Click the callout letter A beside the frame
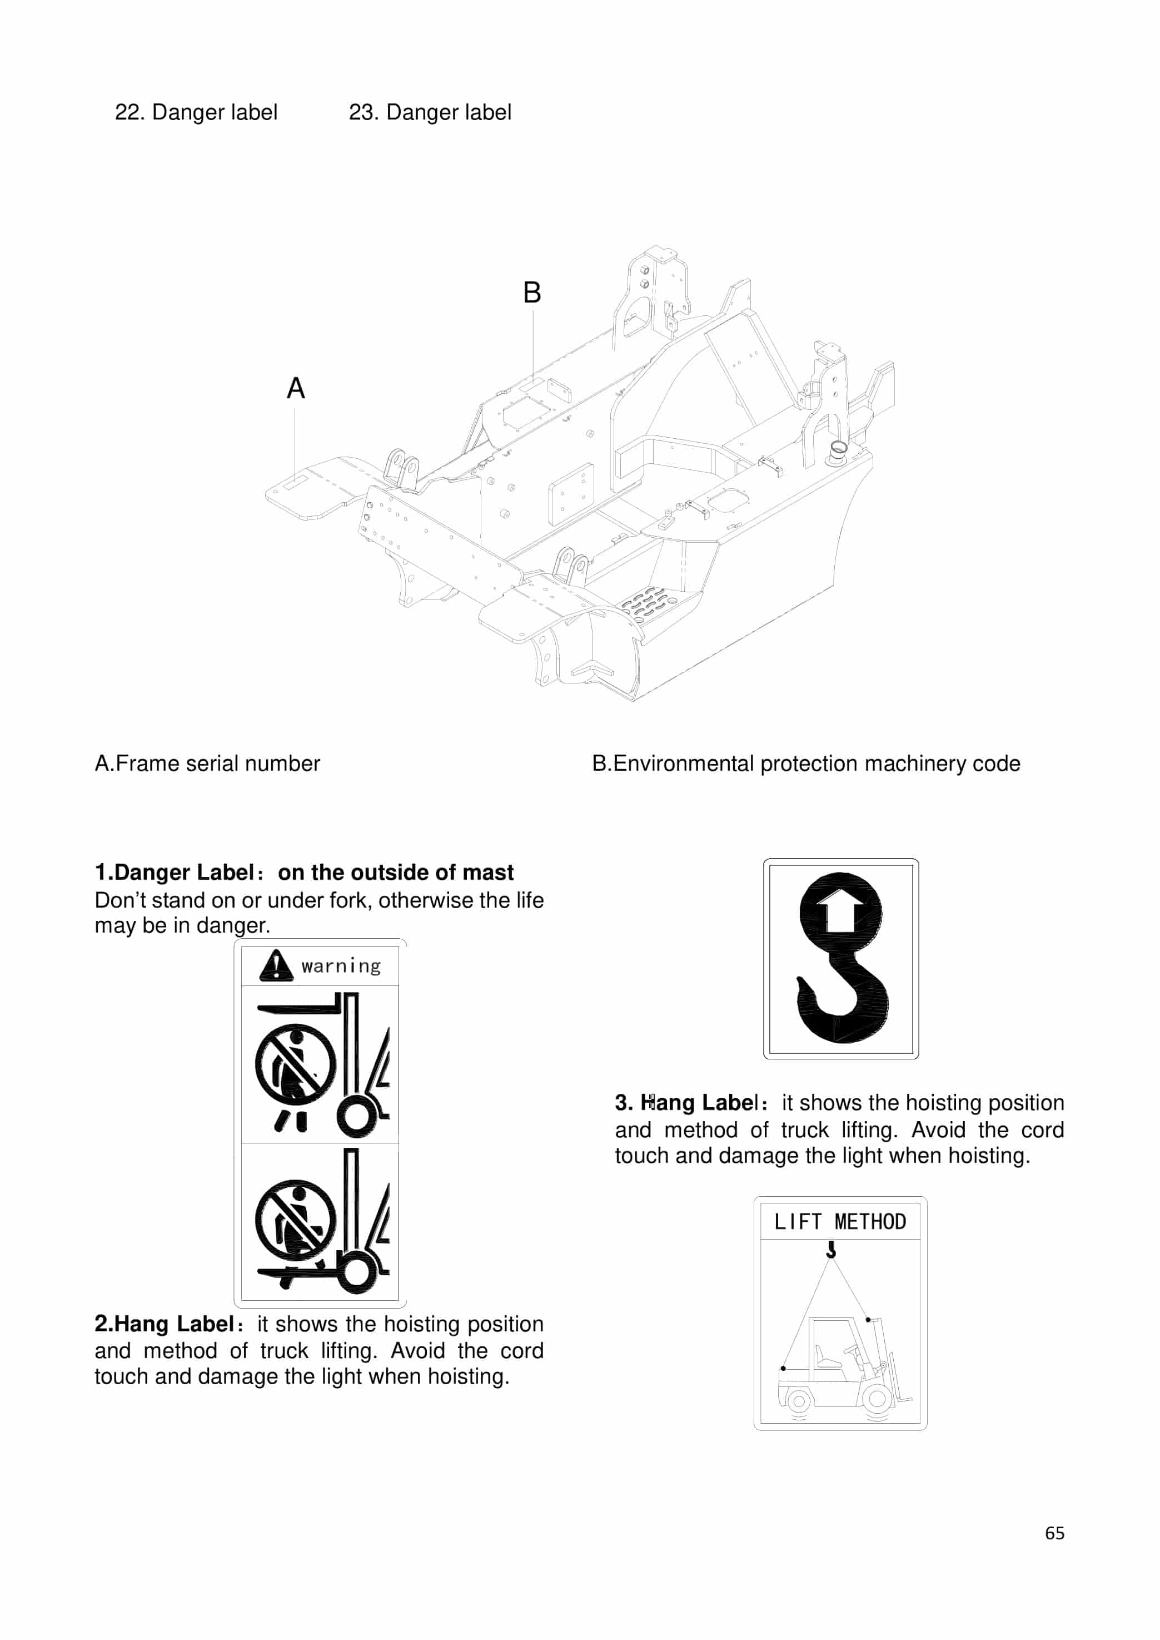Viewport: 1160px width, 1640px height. (x=296, y=388)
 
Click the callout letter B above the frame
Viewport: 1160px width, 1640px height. (x=531, y=293)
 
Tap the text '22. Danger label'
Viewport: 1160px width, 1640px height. (x=196, y=112)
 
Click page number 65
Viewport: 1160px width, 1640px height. (x=1054, y=1533)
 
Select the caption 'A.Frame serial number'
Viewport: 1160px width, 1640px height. (x=207, y=763)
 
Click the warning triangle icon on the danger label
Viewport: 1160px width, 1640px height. (x=276, y=965)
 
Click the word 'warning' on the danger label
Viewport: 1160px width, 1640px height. (x=341, y=966)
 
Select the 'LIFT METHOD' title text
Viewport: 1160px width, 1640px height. (x=840, y=1221)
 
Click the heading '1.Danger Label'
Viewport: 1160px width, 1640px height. (x=175, y=873)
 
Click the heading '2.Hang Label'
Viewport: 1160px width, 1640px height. (x=165, y=1324)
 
